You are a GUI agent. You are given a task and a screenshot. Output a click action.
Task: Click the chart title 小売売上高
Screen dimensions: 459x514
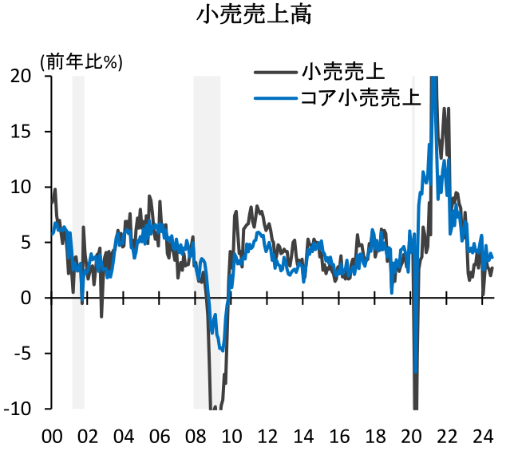click(255, 18)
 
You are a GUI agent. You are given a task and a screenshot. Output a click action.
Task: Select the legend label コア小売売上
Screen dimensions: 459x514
click(360, 99)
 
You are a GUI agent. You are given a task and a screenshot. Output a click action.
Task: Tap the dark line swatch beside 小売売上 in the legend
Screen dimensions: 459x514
click(276, 73)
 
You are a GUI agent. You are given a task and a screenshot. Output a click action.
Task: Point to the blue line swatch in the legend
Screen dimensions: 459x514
click(276, 99)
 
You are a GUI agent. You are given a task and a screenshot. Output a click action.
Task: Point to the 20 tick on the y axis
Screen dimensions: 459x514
click(22, 76)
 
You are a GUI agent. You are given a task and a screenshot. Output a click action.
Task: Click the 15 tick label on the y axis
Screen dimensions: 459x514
click(22, 131)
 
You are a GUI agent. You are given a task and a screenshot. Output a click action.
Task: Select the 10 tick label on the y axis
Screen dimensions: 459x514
click(22, 187)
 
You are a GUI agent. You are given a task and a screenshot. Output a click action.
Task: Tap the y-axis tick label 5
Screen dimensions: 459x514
click(26, 242)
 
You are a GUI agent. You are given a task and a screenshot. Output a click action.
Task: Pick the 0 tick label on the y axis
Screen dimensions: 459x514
click(26, 298)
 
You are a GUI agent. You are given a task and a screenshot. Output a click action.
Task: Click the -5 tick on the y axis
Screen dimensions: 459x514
click(22, 353)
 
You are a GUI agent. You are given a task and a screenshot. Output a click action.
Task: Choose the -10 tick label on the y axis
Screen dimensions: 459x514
click(18, 409)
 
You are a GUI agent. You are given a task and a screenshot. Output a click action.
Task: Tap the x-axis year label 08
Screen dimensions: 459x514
click(195, 437)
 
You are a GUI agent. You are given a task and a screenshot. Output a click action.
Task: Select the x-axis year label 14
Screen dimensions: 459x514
click(302, 437)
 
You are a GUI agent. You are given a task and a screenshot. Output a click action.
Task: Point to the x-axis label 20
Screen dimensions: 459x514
click(411, 437)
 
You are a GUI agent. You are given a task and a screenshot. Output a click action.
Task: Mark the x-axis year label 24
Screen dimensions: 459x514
click(483, 437)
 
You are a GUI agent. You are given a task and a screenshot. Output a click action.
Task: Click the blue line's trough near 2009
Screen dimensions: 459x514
click(222, 349)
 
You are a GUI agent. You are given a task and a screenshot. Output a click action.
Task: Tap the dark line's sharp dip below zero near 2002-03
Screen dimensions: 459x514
click(101, 316)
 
